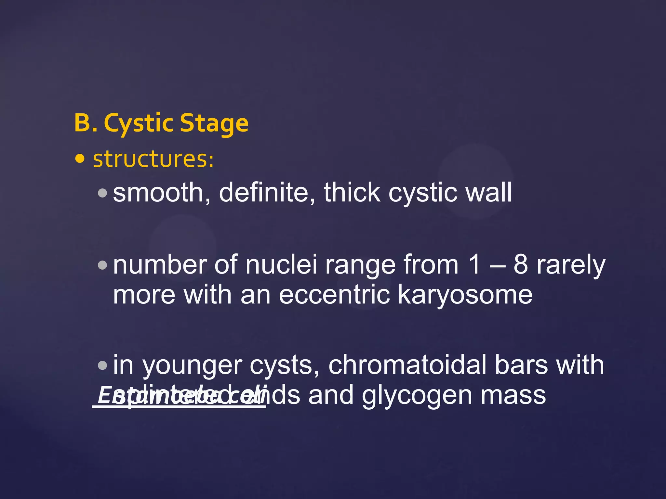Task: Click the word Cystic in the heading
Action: [139, 123]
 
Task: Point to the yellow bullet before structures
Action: [80, 159]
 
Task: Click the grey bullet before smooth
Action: [102, 193]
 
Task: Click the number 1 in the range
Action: [474, 265]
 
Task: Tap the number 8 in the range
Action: [521, 265]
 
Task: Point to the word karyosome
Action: [465, 295]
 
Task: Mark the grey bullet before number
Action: [102, 265]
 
